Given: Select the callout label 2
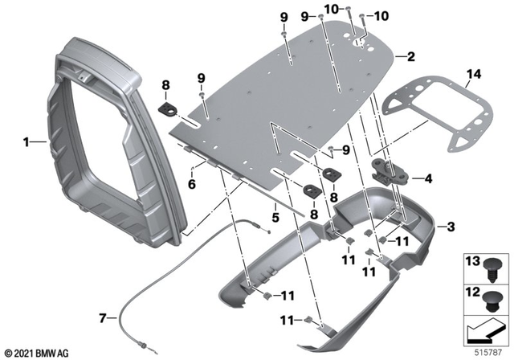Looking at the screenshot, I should point(411,57).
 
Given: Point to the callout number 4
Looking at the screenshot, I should point(428,179).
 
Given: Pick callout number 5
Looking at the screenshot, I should point(275,217).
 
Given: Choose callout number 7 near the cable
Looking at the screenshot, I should point(103,318).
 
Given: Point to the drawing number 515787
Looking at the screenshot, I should point(487,352).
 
